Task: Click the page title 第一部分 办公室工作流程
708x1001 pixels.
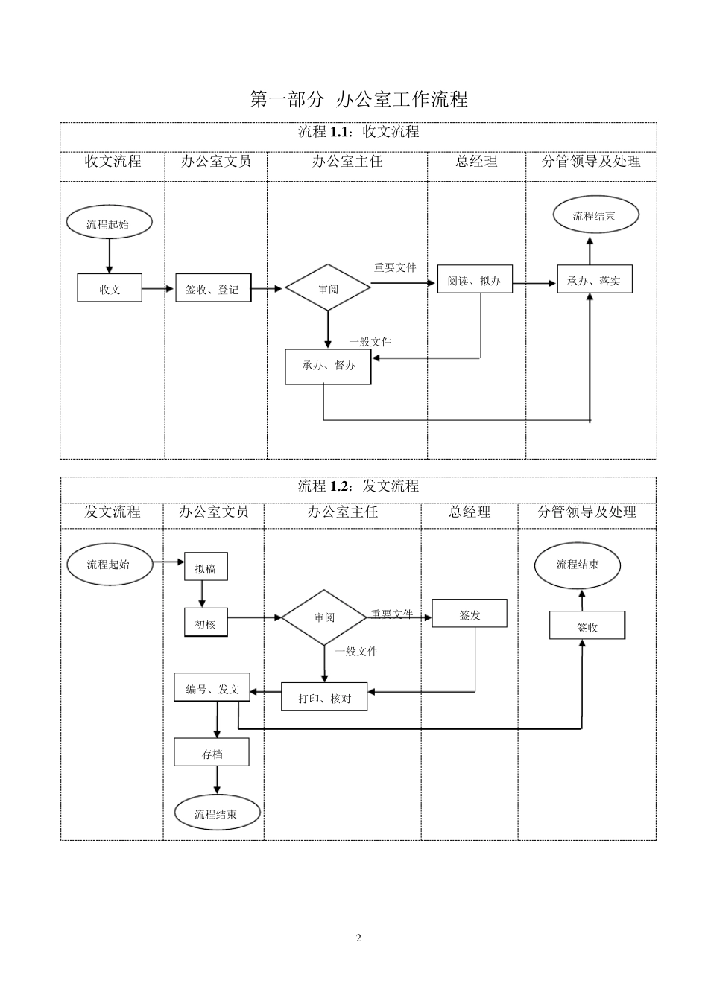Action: [358, 99]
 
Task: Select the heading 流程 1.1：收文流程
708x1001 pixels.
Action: [358, 133]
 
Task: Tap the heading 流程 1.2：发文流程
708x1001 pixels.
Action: [358, 486]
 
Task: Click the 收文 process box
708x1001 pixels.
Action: [110, 288]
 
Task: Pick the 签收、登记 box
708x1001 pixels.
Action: [213, 288]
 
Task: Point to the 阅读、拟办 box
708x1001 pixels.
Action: [475, 279]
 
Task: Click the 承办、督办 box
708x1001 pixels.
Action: [328, 366]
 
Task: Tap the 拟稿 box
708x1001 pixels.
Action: [206, 568]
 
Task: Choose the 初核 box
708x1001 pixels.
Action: [206, 624]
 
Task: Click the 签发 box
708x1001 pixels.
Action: [470, 614]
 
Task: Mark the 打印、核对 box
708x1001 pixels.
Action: [324, 697]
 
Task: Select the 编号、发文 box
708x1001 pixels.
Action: [212, 688]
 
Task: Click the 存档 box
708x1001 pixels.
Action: [212, 753]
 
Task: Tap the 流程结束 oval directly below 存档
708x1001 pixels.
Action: [217, 813]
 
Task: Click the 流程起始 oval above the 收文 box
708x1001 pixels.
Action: [109, 223]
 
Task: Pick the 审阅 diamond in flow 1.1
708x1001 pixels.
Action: [328, 288]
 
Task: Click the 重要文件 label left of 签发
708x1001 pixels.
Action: [392, 614]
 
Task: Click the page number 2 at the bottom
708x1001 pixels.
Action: [358, 938]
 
